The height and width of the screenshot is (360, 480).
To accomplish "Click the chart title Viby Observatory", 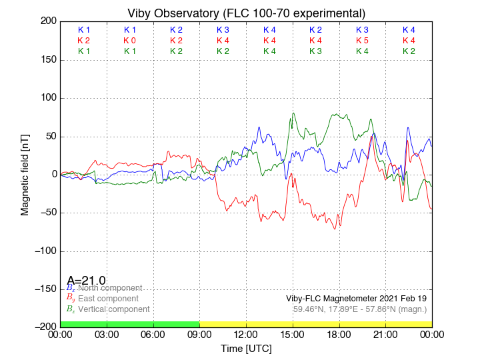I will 246,13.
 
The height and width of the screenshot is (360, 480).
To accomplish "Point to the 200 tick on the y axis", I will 49,21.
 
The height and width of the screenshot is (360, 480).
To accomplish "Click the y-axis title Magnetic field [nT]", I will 25,174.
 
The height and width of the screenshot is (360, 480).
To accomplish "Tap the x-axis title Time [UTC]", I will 246,349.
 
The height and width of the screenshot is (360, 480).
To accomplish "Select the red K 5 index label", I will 362,41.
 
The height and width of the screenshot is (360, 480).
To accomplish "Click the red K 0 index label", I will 130,41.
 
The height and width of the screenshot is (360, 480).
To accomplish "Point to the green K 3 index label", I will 315,51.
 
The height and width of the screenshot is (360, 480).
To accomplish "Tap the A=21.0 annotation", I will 86,281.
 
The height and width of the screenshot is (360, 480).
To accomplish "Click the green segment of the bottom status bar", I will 129,324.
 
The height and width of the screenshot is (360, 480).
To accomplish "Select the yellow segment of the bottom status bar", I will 315,324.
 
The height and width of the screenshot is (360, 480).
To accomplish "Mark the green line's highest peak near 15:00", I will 293,113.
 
